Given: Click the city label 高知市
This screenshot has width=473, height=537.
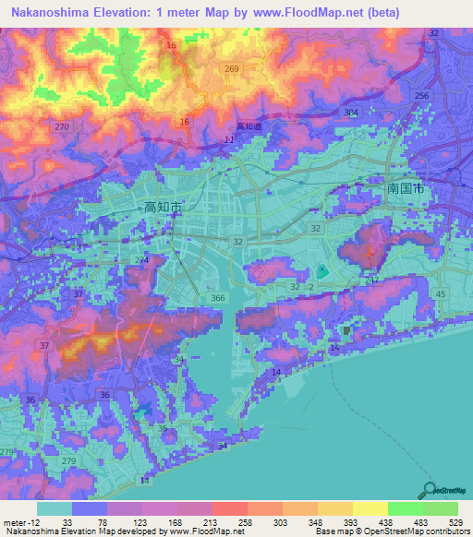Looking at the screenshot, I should (164, 208).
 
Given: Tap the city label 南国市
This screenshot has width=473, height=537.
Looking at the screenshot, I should (406, 187).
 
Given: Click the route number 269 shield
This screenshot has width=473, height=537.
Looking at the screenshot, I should (232, 69).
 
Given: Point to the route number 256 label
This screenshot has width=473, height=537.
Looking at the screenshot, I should (422, 96).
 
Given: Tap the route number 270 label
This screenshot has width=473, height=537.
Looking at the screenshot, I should (62, 126).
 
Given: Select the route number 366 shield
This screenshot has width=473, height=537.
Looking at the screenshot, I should (218, 298).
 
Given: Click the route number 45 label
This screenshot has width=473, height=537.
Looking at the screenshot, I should (440, 294).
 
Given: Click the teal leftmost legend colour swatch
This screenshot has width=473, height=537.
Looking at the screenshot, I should (55, 507).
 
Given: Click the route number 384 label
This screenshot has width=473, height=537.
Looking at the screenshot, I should (351, 112).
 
